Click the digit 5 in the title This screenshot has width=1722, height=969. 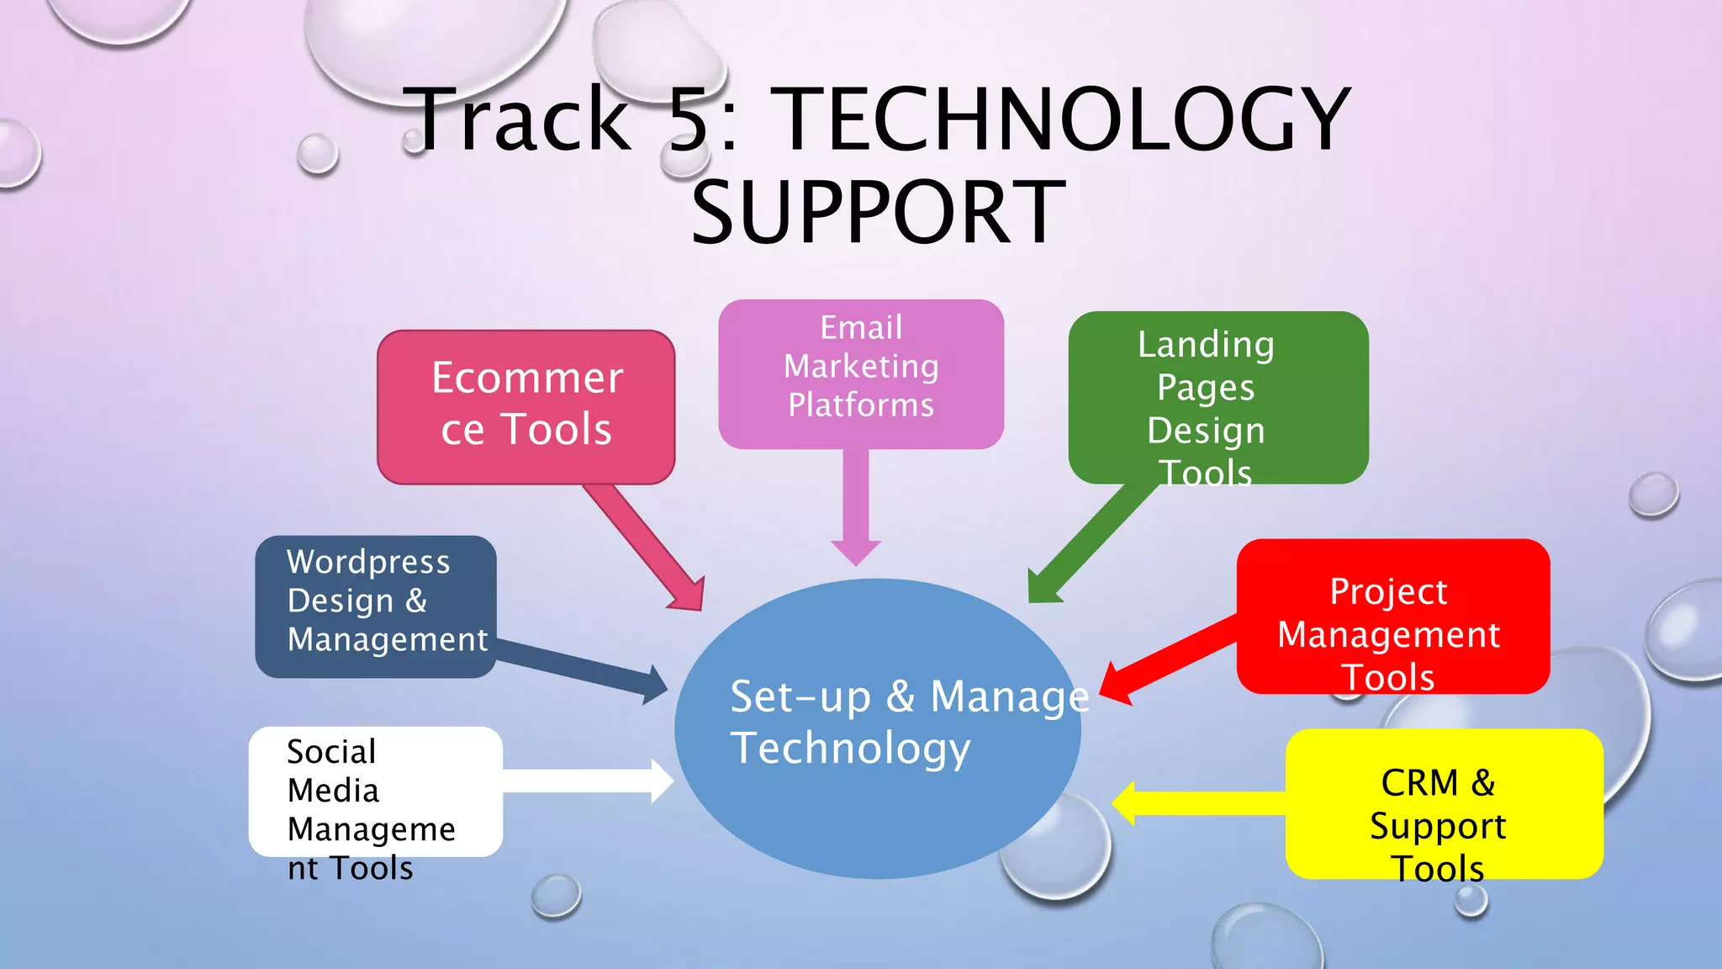(x=690, y=119)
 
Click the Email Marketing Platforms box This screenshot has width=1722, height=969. (x=861, y=373)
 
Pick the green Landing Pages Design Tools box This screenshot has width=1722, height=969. (x=1218, y=397)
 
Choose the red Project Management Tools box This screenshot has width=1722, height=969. (x=1392, y=617)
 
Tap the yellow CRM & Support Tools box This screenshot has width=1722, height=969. (x=1444, y=804)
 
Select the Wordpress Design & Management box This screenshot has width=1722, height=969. (x=375, y=606)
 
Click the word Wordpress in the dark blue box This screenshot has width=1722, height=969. (x=368, y=562)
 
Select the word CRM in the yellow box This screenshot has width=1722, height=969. (x=1419, y=783)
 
